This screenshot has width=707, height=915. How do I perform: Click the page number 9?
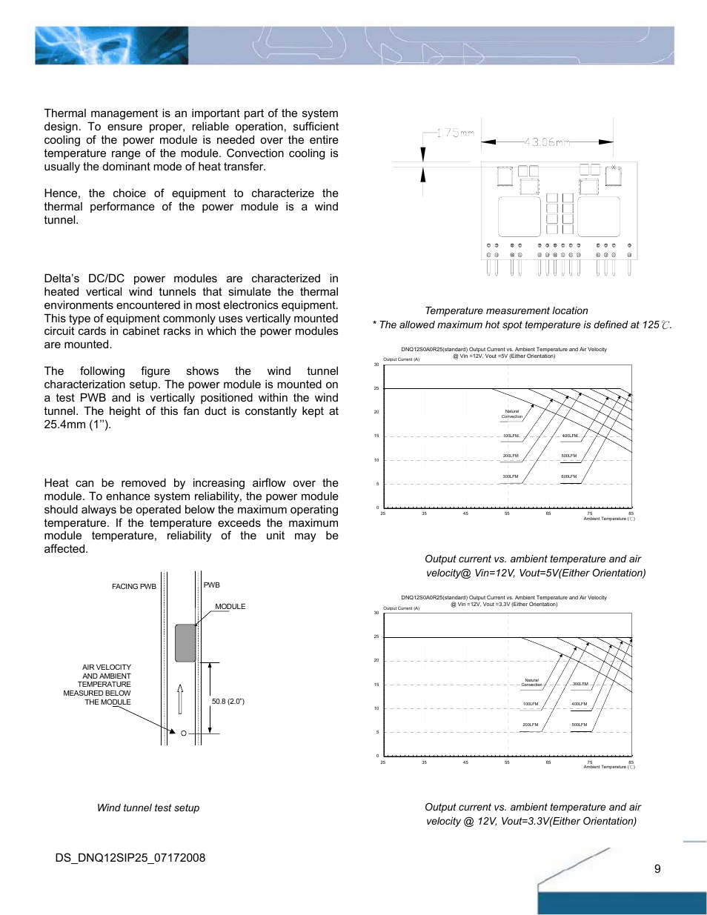(x=657, y=868)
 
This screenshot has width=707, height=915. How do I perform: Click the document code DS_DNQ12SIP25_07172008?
(x=130, y=858)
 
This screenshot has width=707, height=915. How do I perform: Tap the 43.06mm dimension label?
(x=547, y=142)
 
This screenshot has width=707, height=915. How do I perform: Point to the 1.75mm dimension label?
(x=455, y=133)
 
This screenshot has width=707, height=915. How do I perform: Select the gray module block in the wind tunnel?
(x=185, y=643)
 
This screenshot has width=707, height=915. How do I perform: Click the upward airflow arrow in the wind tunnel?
(x=180, y=698)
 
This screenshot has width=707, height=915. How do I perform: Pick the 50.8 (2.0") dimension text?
(x=228, y=701)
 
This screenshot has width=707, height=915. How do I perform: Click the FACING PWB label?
(x=134, y=586)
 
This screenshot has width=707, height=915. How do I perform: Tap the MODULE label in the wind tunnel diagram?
(x=230, y=606)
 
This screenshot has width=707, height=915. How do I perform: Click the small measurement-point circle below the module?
(x=184, y=733)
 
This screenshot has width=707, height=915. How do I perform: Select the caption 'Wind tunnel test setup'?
(x=148, y=808)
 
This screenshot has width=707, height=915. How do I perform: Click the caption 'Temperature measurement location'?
(x=506, y=310)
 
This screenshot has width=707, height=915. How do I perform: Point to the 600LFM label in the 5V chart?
(x=569, y=476)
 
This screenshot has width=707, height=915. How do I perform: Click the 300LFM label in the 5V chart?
(x=511, y=476)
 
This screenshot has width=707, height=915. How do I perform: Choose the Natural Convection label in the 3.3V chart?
(x=531, y=682)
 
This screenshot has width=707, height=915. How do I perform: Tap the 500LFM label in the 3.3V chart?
(x=580, y=725)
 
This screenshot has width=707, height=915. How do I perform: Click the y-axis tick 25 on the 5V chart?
(x=376, y=388)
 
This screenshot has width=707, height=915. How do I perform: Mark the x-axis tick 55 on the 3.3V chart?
(x=507, y=762)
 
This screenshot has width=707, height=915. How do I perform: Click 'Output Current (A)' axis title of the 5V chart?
(x=401, y=359)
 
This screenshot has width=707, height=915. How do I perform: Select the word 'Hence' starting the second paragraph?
(x=62, y=193)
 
